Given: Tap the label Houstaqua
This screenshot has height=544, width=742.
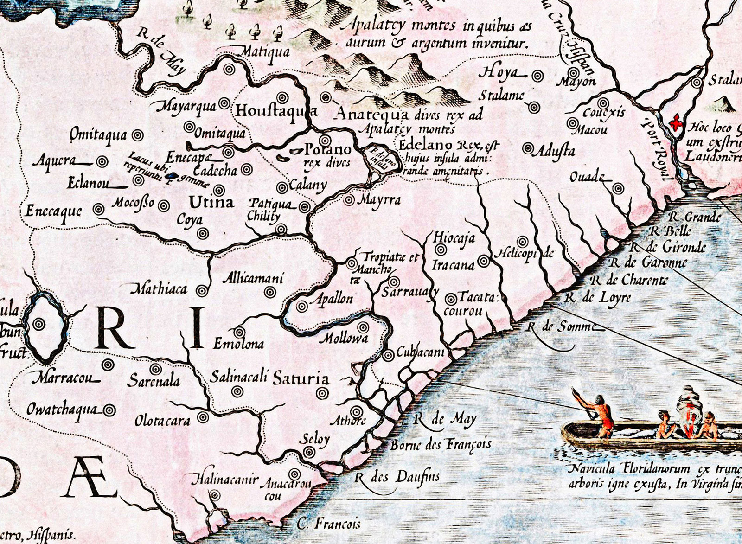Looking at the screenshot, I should coord(276,111).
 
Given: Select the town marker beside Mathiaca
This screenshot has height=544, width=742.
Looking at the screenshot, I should coord(202,291).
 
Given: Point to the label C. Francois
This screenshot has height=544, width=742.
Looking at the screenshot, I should coord(329,525).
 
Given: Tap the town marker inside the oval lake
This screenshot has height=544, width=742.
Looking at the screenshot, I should coord(39,324).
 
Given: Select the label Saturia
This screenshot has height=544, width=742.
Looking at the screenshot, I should coord(301,378).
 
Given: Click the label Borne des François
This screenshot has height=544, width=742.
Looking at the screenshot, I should coord(441,445).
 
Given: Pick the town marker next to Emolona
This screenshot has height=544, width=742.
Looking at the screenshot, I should coord(239,332).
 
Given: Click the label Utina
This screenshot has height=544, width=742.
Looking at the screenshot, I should coord(211,203).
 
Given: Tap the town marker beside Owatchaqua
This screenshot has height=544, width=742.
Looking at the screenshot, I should coord(109,410).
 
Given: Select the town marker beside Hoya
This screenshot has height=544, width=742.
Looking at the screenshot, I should coord(537,76).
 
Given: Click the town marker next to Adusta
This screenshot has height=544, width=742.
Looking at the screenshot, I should coord(528,148).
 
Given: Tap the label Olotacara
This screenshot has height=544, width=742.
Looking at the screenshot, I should coord(162,421).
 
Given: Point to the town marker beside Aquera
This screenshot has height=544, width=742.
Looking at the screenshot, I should coord(102,162).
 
